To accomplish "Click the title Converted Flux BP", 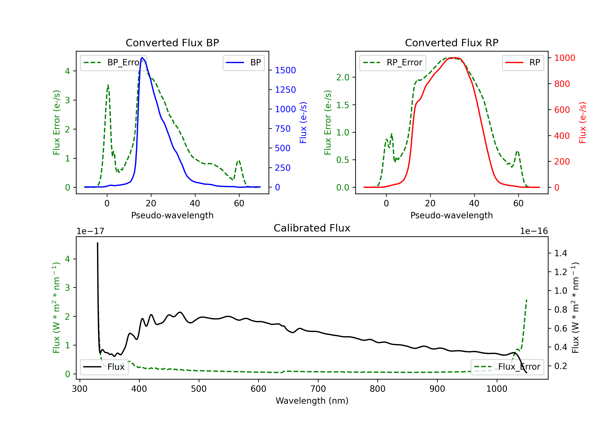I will [x=172, y=43].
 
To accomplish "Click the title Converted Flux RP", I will [x=451, y=43].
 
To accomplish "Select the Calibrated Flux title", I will [x=312, y=228].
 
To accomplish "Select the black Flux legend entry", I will [x=104, y=367].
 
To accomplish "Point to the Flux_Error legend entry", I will [x=507, y=367].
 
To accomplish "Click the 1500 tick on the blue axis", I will [x=285, y=70].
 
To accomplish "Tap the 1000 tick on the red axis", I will [x=564, y=58].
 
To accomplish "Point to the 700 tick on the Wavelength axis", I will [x=318, y=389].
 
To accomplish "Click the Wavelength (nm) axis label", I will [x=312, y=401].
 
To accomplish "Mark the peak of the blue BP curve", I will [x=142, y=58].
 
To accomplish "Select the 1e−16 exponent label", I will [x=534, y=231].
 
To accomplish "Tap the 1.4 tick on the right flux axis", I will [x=560, y=253].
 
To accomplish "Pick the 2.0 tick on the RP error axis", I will [x=343, y=77].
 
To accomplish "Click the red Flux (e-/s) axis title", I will [x=582, y=123].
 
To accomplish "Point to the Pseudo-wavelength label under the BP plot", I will [x=172, y=215].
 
